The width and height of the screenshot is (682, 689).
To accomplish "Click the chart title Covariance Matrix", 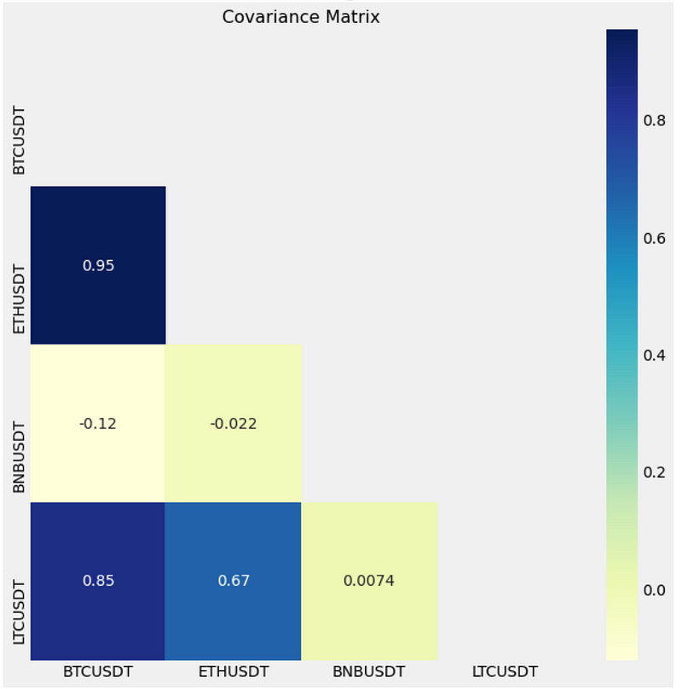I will (300, 17).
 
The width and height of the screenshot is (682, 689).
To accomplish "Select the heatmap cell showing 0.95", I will (98, 265).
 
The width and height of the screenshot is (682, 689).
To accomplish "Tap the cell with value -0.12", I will (98, 423).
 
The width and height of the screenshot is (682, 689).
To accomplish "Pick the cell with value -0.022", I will (233, 423).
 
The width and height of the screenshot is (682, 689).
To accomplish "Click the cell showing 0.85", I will (98, 581).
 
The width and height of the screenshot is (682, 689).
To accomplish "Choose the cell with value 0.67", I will (233, 581).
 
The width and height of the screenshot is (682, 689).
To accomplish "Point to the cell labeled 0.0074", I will (368, 581).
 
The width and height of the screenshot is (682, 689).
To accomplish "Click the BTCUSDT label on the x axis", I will (98, 672).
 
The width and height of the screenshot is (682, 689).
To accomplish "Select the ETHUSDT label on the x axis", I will (233, 672).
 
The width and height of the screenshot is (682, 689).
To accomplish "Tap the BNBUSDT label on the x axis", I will (368, 672).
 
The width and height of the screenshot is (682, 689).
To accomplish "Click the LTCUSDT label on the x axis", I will (504, 672).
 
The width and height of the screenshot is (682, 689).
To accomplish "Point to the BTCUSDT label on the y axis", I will (20, 140).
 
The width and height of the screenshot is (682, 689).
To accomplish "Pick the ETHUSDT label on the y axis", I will (20, 298).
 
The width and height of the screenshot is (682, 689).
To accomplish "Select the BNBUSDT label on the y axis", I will (20, 455).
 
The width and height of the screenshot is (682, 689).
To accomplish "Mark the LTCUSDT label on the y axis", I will (20, 613).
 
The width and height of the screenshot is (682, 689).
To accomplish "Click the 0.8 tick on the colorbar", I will (655, 120).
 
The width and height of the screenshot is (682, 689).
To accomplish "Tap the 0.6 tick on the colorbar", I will (655, 238).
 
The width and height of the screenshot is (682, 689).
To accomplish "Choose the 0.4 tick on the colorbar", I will (655, 355).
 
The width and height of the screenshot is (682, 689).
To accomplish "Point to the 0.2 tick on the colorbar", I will (655, 472).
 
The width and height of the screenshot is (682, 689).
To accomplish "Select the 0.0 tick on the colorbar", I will (655, 590).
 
